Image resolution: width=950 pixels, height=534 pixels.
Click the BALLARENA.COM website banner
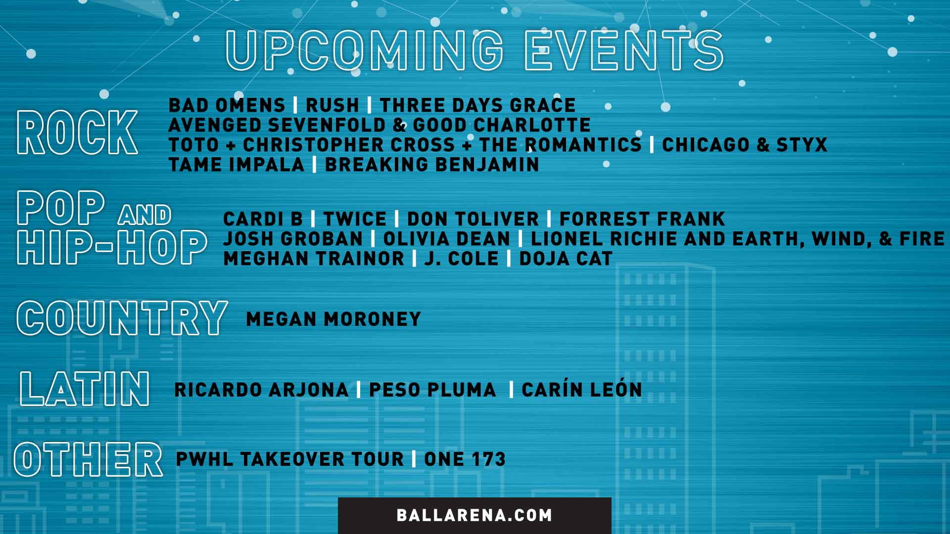coord(474,515)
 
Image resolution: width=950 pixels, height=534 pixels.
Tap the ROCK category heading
coord(77,132)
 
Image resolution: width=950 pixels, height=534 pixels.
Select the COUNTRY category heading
coord(122,318)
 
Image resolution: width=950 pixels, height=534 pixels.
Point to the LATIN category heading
coord(85,389)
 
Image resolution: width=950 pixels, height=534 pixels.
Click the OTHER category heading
coord(88,459)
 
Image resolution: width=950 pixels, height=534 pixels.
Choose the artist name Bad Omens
coord(227,105)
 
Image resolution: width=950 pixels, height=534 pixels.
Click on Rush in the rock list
coord(332,105)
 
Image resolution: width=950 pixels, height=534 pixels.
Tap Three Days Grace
coord(477,105)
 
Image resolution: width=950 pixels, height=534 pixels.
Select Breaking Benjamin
coord(431,165)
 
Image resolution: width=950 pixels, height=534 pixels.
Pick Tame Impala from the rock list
coord(237,165)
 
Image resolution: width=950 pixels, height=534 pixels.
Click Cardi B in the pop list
coord(263,219)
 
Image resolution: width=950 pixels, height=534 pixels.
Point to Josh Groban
coord(293,239)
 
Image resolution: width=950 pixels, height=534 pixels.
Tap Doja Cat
coord(566,259)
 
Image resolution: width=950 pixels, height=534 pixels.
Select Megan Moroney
coord(333,319)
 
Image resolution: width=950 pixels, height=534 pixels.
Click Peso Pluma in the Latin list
coord(432,390)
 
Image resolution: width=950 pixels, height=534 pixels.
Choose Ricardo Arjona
coord(261,390)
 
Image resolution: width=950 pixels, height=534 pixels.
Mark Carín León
coord(582,390)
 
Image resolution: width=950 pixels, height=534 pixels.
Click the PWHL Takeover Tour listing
coord(290,459)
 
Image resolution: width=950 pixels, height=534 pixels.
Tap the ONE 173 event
coord(465,459)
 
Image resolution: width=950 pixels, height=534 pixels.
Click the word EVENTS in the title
coord(624,50)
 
